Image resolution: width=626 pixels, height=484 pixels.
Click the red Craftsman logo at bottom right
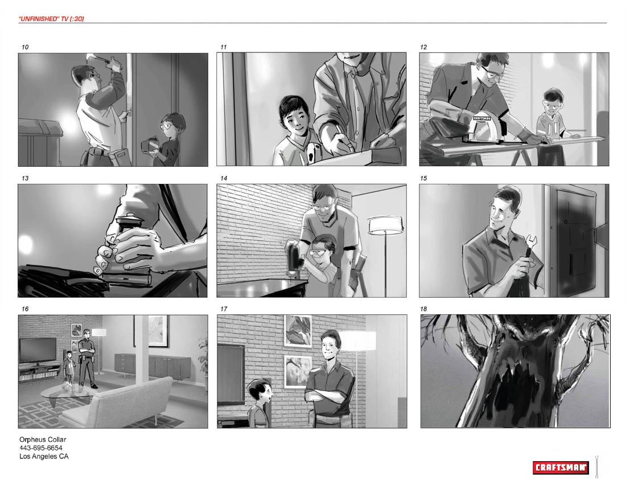[561, 467]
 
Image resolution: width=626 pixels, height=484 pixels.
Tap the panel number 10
[25, 47]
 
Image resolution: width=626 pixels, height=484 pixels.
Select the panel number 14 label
[224, 178]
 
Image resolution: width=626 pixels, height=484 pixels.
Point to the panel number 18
[423, 309]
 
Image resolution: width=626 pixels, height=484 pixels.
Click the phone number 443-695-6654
[41, 448]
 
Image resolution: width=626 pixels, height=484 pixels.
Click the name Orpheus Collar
[43, 439]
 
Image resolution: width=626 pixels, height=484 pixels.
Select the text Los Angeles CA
[44, 457]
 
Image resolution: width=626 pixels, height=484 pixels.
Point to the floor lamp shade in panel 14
[385, 225]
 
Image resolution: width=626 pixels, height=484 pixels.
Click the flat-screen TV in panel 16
[38, 350]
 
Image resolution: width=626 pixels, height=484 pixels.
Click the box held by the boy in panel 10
[150, 145]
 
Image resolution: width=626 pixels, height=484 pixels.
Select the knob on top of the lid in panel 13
[130, 218]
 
